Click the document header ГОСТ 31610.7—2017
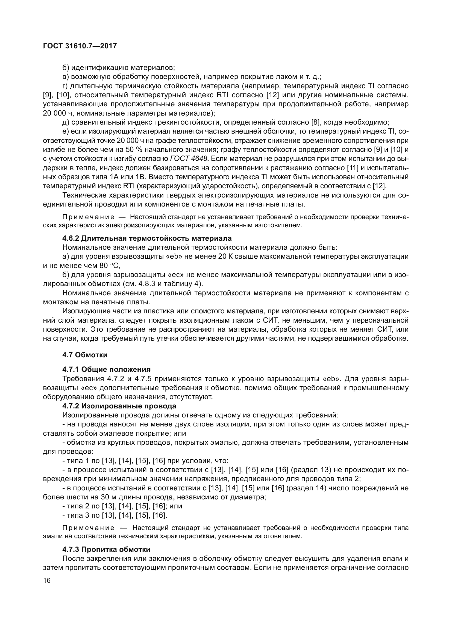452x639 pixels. [x=80, y=46]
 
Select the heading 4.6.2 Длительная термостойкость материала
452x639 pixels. [x=147, y=238]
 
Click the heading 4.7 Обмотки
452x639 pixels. [x=85, y=355]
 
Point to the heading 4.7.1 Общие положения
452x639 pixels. [x=106, y=369]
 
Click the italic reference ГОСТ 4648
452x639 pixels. [x=189, y=159]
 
